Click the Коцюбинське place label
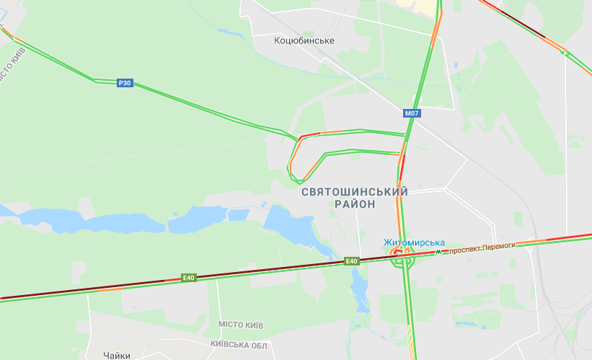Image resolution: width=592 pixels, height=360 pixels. click(304, 40)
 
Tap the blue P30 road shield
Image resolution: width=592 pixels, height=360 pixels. click(125, 83)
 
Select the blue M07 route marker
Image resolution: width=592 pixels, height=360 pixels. click(412, 113)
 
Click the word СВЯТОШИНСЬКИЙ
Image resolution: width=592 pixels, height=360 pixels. click(354, 192)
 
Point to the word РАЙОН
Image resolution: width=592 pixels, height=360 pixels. click(354, 205)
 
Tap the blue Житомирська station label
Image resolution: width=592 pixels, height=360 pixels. click(414, 242)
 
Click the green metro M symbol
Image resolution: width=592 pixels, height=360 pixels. click(438, 253)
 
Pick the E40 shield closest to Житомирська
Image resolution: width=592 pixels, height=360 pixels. click(352, 261)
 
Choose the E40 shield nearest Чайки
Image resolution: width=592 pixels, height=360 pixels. click(188, 278)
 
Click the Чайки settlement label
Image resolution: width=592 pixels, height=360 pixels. click(117, 355)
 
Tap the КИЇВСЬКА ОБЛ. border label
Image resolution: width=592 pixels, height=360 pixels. click(240, 346)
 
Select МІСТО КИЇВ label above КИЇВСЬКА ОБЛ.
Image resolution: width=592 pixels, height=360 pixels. click(240, 325)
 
